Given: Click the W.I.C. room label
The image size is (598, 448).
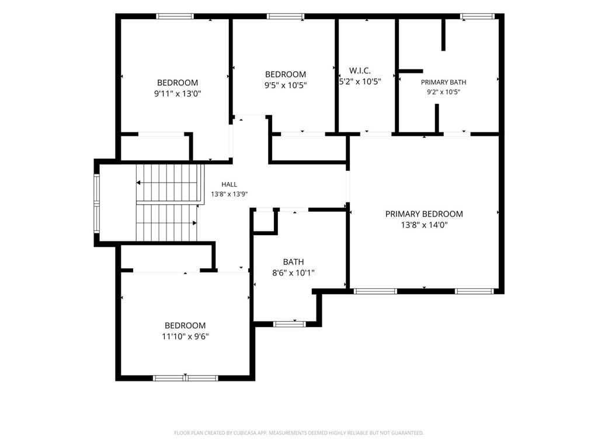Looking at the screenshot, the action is (360, 71).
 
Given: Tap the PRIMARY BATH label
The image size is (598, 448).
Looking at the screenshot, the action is (443, 82).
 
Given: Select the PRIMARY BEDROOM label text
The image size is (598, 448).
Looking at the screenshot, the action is (424, 214).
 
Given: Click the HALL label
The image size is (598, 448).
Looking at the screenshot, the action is (229, 184).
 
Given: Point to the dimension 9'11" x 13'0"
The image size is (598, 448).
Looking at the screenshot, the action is (178, 93).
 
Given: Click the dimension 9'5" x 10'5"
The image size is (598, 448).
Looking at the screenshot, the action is (285, 85).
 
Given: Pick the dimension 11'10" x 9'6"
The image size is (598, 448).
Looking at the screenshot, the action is (185, 337).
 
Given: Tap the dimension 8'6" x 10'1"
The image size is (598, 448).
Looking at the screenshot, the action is (293, 273).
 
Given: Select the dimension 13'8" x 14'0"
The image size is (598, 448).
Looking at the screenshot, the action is (424, 225).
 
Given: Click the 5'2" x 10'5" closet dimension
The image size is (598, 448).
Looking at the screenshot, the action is (360, 81).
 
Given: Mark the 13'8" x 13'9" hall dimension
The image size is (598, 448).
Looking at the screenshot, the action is (229, 194).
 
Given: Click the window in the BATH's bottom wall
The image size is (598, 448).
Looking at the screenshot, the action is (290, 324).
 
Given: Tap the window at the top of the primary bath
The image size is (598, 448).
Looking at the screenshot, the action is (477, 16).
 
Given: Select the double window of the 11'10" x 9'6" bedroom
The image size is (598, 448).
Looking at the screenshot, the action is (185, 378).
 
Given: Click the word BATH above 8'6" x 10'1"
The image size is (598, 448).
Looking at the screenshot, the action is (293, 262).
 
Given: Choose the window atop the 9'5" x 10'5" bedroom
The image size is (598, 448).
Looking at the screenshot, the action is (285, 16).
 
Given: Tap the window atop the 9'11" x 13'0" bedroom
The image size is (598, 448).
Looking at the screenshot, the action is (175, 16).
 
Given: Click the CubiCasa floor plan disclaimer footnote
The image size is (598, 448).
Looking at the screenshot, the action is (299, 433).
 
